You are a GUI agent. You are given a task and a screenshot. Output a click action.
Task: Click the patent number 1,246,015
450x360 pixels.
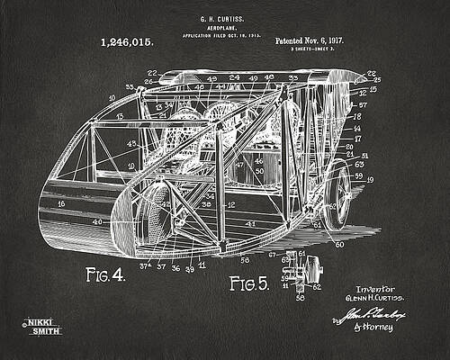click(127, 41)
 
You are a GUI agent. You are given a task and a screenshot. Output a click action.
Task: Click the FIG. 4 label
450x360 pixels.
click(104, 274)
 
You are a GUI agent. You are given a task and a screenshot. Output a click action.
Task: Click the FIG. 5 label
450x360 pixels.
click(248, 284)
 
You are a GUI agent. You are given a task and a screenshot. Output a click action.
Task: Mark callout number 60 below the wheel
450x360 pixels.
click(339, 244)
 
